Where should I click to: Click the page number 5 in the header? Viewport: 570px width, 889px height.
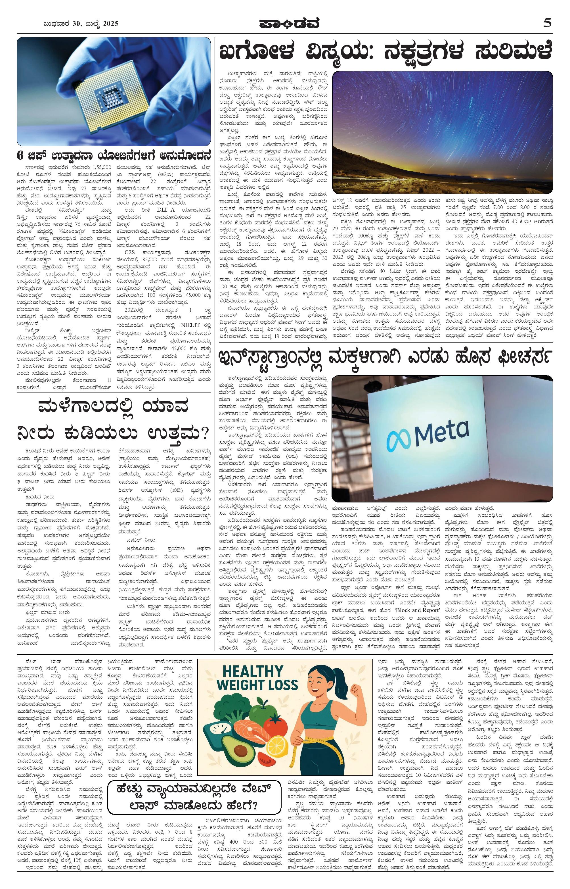[547, 23]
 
